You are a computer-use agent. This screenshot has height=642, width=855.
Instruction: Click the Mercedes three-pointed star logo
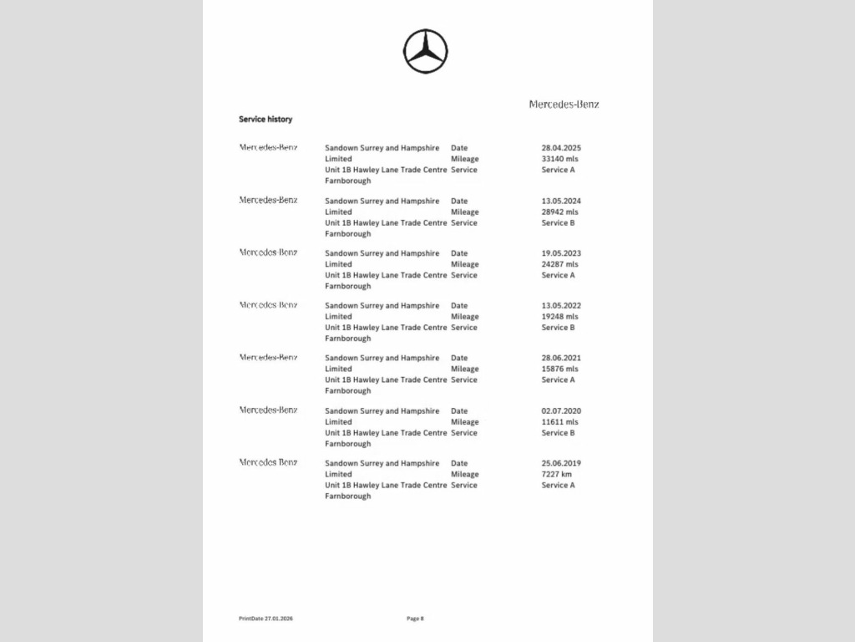[426, 51]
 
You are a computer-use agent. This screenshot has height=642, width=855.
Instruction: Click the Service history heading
[266, 120]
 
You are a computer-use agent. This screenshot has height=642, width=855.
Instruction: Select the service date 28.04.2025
[561, 148]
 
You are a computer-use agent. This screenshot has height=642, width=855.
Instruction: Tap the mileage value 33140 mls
[559, 159]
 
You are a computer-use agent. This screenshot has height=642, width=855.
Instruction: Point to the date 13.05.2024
[561, 201]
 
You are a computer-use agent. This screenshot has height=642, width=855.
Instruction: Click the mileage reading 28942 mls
[559, 211]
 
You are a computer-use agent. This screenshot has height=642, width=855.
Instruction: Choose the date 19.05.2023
[561, 253]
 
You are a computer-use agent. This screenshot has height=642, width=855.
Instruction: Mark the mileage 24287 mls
[559, 264]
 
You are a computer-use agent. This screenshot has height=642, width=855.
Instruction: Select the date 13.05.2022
[561, 306]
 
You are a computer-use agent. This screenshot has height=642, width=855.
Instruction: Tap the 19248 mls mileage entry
[559, 317]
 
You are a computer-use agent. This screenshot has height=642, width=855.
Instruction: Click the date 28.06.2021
[561, 358]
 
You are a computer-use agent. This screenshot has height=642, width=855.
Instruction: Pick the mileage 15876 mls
[559, 369]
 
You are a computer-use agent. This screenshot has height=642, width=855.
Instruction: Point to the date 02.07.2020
[561, 411]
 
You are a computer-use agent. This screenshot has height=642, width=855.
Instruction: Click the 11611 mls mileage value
[559, 422]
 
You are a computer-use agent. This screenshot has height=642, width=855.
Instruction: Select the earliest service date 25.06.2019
[561, 463]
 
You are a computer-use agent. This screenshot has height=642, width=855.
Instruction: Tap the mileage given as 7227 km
[557, 474]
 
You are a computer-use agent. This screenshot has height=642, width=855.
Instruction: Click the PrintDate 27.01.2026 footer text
[266, 619]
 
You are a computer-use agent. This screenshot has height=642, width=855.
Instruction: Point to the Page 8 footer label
[415, 619]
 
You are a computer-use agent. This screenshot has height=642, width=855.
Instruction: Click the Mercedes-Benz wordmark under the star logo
[564, 104]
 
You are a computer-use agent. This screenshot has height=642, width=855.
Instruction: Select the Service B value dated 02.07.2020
[558, 433]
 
